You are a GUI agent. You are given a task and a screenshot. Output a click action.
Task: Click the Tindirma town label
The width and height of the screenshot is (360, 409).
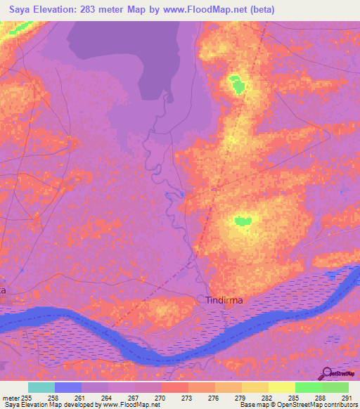(225, 300)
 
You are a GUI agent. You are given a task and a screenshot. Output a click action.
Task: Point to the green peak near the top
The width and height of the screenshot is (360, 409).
(237, 86)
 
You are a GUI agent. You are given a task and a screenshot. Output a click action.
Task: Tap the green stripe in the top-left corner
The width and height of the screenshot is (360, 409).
(20, 29)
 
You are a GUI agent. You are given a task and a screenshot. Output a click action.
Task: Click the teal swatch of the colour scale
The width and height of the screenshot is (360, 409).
(41, 387)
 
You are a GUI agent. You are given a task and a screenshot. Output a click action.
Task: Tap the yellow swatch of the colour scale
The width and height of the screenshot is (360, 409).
(281, 387)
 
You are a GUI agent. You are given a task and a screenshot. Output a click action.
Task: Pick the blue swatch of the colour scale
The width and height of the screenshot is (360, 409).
(68, 387)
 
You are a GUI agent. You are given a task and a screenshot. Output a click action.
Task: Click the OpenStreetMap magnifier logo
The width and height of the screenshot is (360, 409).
(328, 373)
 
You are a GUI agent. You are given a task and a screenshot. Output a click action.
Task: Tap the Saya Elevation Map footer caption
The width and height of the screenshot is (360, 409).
(80, 405)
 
